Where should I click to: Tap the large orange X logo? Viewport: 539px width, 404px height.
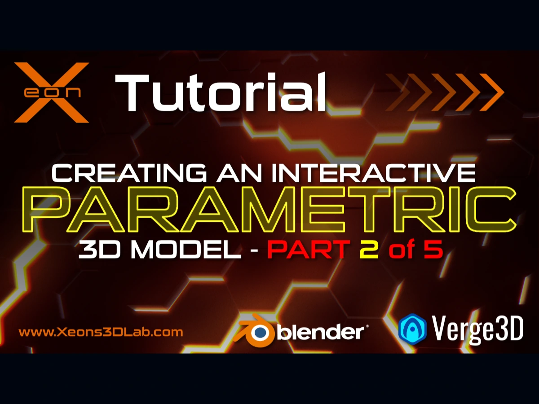(x=51, y=92)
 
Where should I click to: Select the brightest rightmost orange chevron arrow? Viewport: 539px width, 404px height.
(x=490, y=92)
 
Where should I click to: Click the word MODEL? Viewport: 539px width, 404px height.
(x=187, y=249)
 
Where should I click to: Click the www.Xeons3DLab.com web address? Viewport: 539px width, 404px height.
(x=101, y=333)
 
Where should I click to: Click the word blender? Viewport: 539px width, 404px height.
(x=322, y=332)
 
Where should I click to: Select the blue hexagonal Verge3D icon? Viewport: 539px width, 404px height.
(x=412, y=329)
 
